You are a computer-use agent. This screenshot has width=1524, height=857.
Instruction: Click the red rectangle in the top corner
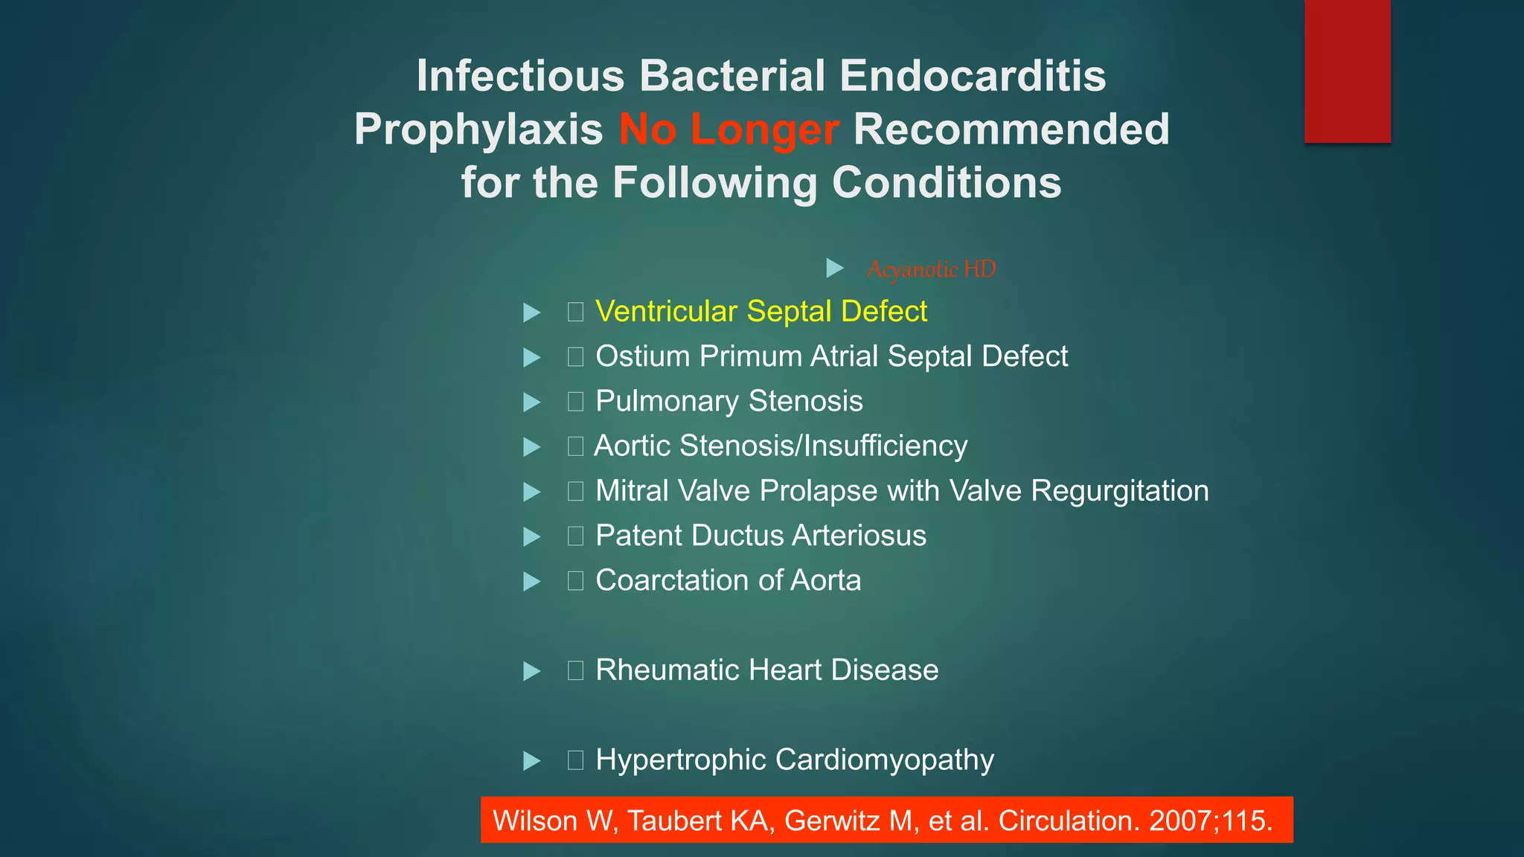pos(1347,71)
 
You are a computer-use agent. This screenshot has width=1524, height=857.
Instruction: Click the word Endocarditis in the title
pos(973,76)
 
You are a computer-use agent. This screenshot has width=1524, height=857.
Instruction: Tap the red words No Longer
pos(729,129)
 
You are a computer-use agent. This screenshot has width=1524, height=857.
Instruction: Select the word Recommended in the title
pos(1011,129)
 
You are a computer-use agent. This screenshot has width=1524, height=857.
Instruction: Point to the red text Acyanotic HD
pos(931,269)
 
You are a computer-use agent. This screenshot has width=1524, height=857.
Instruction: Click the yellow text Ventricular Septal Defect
pos(761,312)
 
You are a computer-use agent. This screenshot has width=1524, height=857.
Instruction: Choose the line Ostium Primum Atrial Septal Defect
pos(831,356)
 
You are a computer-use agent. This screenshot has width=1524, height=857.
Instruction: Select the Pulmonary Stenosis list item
pos(729,401)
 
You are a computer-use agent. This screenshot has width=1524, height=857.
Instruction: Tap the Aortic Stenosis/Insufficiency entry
pos(781,446)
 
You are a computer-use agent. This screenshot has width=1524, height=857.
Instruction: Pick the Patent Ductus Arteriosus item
pos(761,536)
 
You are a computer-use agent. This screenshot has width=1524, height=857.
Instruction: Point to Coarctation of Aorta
pos(728,580)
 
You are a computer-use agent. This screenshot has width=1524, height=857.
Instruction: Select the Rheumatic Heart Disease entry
pos(766,670)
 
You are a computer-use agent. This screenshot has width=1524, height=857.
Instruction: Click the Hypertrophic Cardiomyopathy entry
pos(794,760)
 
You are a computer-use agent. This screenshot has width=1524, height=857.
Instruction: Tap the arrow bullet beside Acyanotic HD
pos(835,268)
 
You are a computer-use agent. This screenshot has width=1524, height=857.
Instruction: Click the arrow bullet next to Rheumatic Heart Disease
pos(531,671)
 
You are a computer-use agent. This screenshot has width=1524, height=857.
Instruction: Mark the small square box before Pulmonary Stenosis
pos(575,402)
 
